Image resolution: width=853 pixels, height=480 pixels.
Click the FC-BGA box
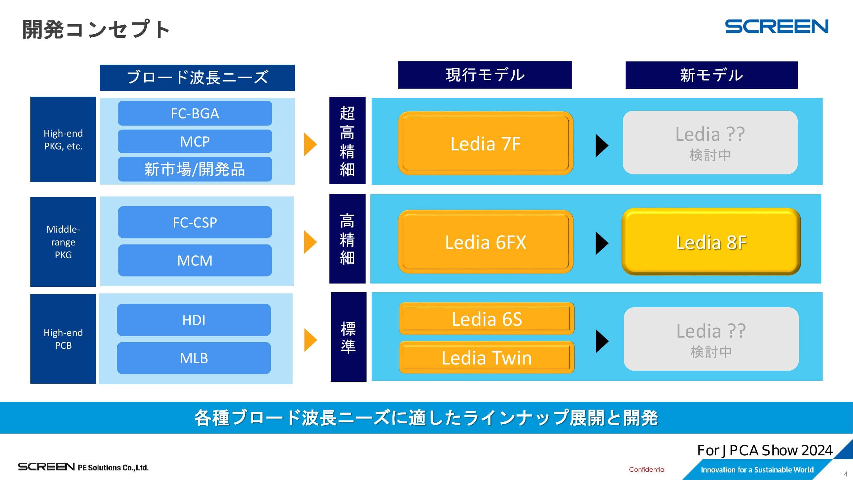[x=195, y=113]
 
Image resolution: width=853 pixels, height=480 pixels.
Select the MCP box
[x=195, y=141]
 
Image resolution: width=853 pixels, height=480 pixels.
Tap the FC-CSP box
[x=195, y=222]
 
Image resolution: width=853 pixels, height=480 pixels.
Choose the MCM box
[x=195, y=260]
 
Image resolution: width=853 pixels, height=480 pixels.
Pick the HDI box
[x=194, y=320]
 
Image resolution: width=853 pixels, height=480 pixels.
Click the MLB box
[x=194, y=358]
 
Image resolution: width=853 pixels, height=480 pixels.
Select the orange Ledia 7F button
[x=486, y=143]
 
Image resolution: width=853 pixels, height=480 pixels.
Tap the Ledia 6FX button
[x=486, y=242]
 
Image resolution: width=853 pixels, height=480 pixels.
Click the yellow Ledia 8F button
[x=711, y=242]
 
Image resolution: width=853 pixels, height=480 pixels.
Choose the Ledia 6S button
[x=486, y=319]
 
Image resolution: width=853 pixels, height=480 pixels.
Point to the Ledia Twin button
[x=486, y=357]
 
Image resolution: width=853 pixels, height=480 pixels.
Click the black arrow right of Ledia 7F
[x=601, y=145]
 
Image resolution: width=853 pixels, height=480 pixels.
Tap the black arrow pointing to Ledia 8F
[x=601, y=243]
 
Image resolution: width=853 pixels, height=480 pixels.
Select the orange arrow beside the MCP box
[x=310, y=144]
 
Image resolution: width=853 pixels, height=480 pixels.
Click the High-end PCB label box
[x=63, y=339]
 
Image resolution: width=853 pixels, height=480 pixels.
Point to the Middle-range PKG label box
[x=63, y=242]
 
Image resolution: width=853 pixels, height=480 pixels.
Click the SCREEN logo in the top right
[x=777, y=27]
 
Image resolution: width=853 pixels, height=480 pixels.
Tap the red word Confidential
[x=647, y=469]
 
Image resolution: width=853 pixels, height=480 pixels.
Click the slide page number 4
[x=845, y=474]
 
